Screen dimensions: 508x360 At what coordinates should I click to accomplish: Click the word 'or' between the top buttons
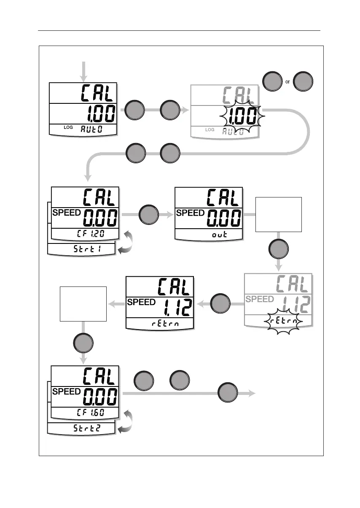pyautogui.click(x=287, y=82)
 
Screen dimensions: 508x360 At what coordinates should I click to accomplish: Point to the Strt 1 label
pyautogui.click(x=81, y=250)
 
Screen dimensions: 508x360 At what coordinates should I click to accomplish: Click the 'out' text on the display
pyautogui.click(x=219, y=235)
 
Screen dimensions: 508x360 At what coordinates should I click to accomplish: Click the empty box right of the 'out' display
pyautogui.click(x=279, y=214)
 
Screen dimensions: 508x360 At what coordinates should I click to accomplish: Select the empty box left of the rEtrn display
pyautogui.click(x=83, y=304)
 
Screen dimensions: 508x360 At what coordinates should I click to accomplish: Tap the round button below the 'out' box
pyautogui.click(x=279, y=249)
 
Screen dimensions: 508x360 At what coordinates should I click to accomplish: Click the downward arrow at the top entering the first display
pyautogui.click(x=83, y=71)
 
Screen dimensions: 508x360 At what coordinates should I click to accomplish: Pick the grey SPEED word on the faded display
pyautogui.click(x=260, y=299)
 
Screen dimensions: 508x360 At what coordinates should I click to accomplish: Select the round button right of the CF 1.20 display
pyautogui.click(x=148, y=214)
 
